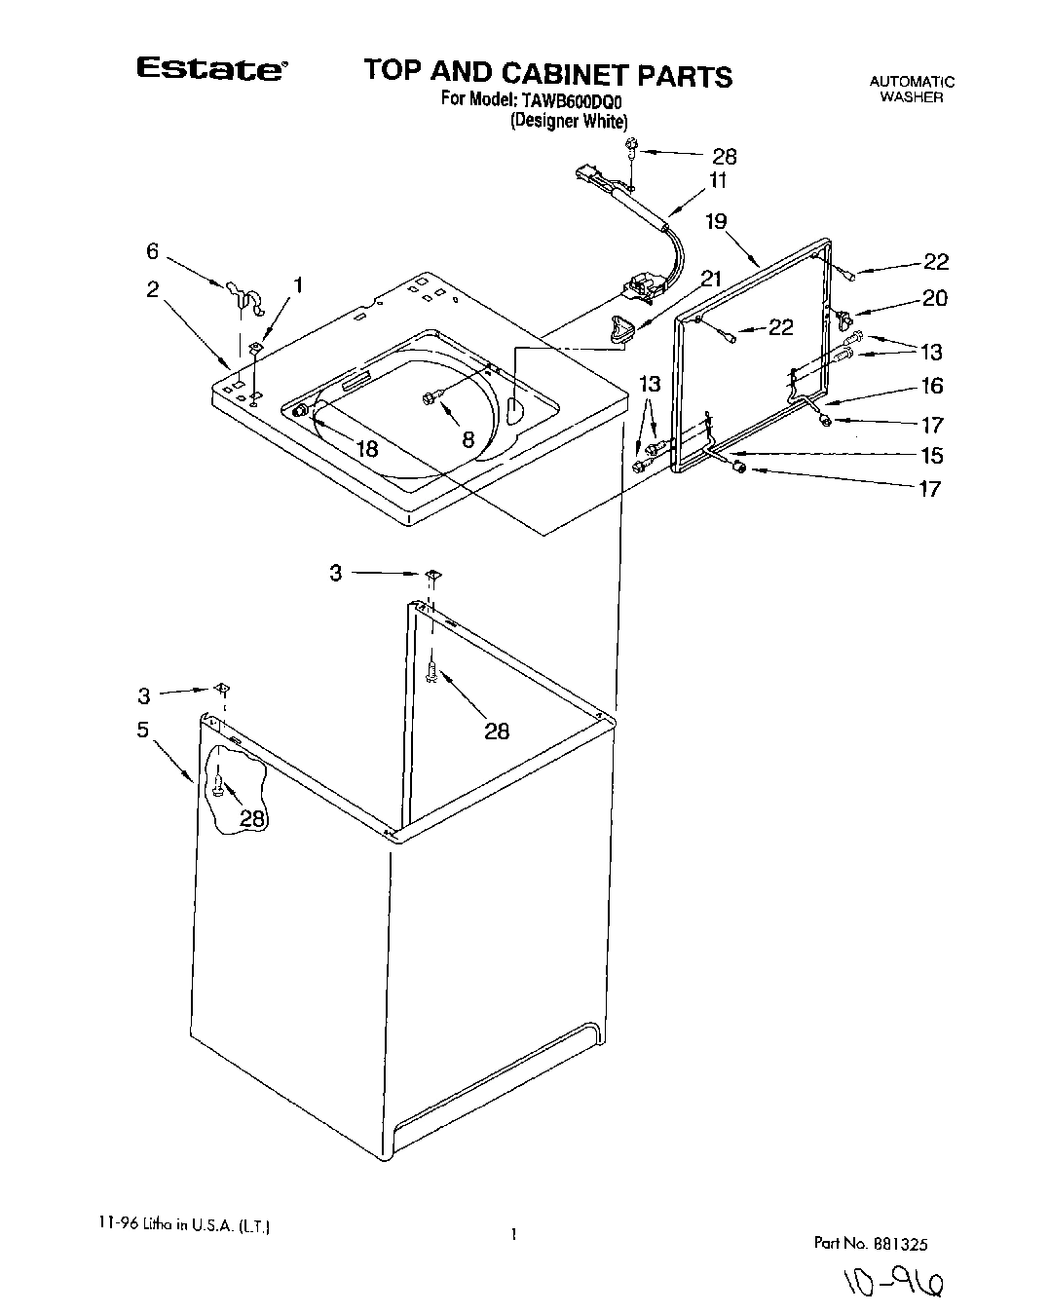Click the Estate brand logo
coord(210,70)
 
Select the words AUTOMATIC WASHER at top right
coord(912,90)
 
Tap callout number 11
coord(718,180)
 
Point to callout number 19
coord(716,222)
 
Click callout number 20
coord(934,298)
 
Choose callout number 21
coord(711,280)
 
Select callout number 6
coord(152,251)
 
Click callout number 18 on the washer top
coord(366,449)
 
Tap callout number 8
coord(468,439)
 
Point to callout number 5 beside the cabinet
coord(143,729)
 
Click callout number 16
coord(932,386)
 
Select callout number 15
coord(931,455)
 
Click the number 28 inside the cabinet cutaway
coord(252,819)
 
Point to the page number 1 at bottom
coord(512,1235)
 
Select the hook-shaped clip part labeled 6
coord(243,297)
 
